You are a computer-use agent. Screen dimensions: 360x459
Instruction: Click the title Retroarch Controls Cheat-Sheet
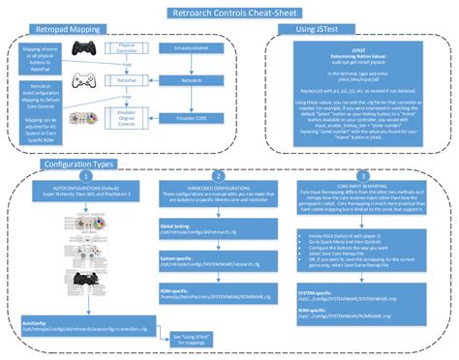point(229,13)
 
